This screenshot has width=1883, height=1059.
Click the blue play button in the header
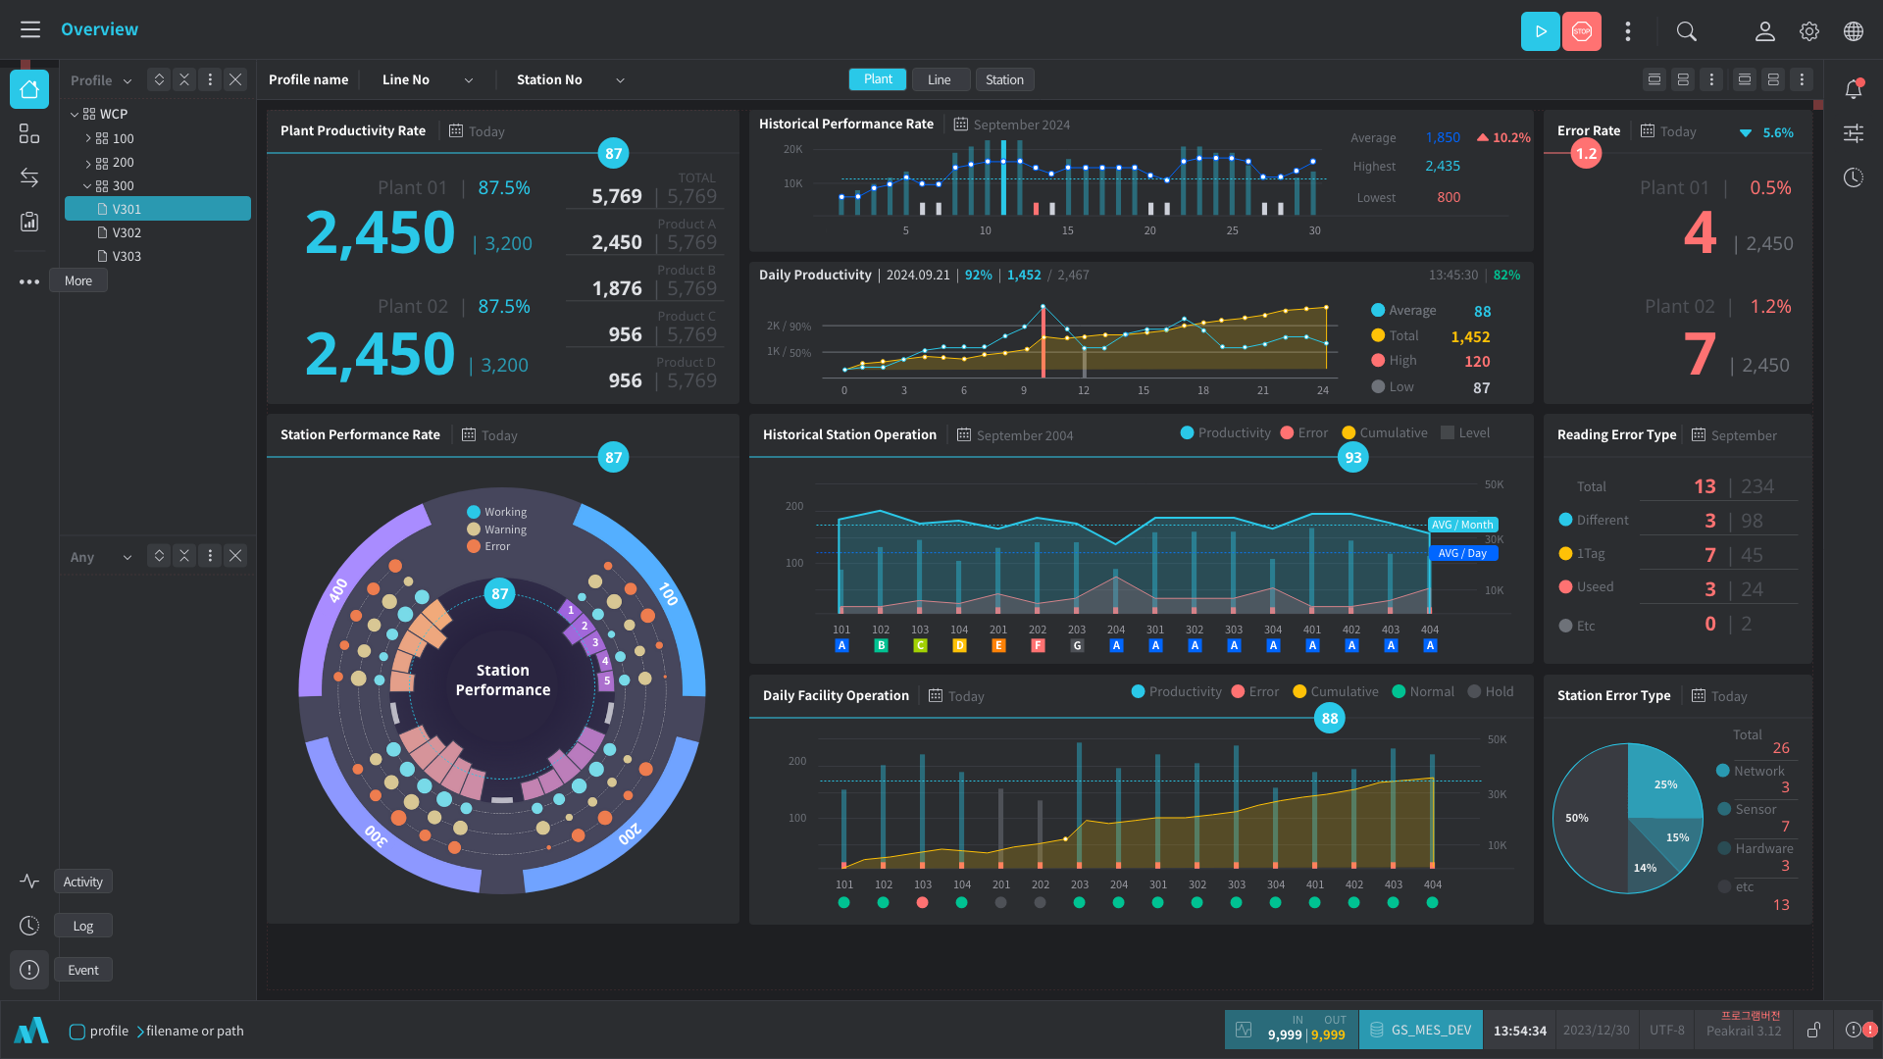coord(1540,31)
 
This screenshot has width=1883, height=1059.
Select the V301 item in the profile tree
coord(157,209)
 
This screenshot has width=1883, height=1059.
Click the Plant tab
coord(878,79)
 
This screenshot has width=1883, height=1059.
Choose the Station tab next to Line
coord(1004,79)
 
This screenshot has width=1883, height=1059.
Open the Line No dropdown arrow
coord(469,80)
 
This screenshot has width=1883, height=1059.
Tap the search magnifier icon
coord(1687,31)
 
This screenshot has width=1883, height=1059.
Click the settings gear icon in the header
coord(1809,31)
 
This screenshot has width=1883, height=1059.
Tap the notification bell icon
coord(1854,89)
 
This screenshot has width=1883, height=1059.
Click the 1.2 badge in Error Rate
coord(1586,153)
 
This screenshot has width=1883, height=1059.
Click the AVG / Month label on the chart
coord(1462,525)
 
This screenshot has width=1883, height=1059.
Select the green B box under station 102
coord(881,645)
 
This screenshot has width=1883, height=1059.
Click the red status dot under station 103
coord(922,902)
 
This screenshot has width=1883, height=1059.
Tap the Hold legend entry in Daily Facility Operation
coord(1491,691)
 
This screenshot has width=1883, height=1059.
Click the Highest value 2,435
coord(1443,167)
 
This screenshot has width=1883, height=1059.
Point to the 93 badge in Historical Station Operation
coord(1353,457)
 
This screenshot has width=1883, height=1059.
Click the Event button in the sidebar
coord(83,970)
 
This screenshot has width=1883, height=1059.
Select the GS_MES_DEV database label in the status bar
coord(1430,1030)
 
